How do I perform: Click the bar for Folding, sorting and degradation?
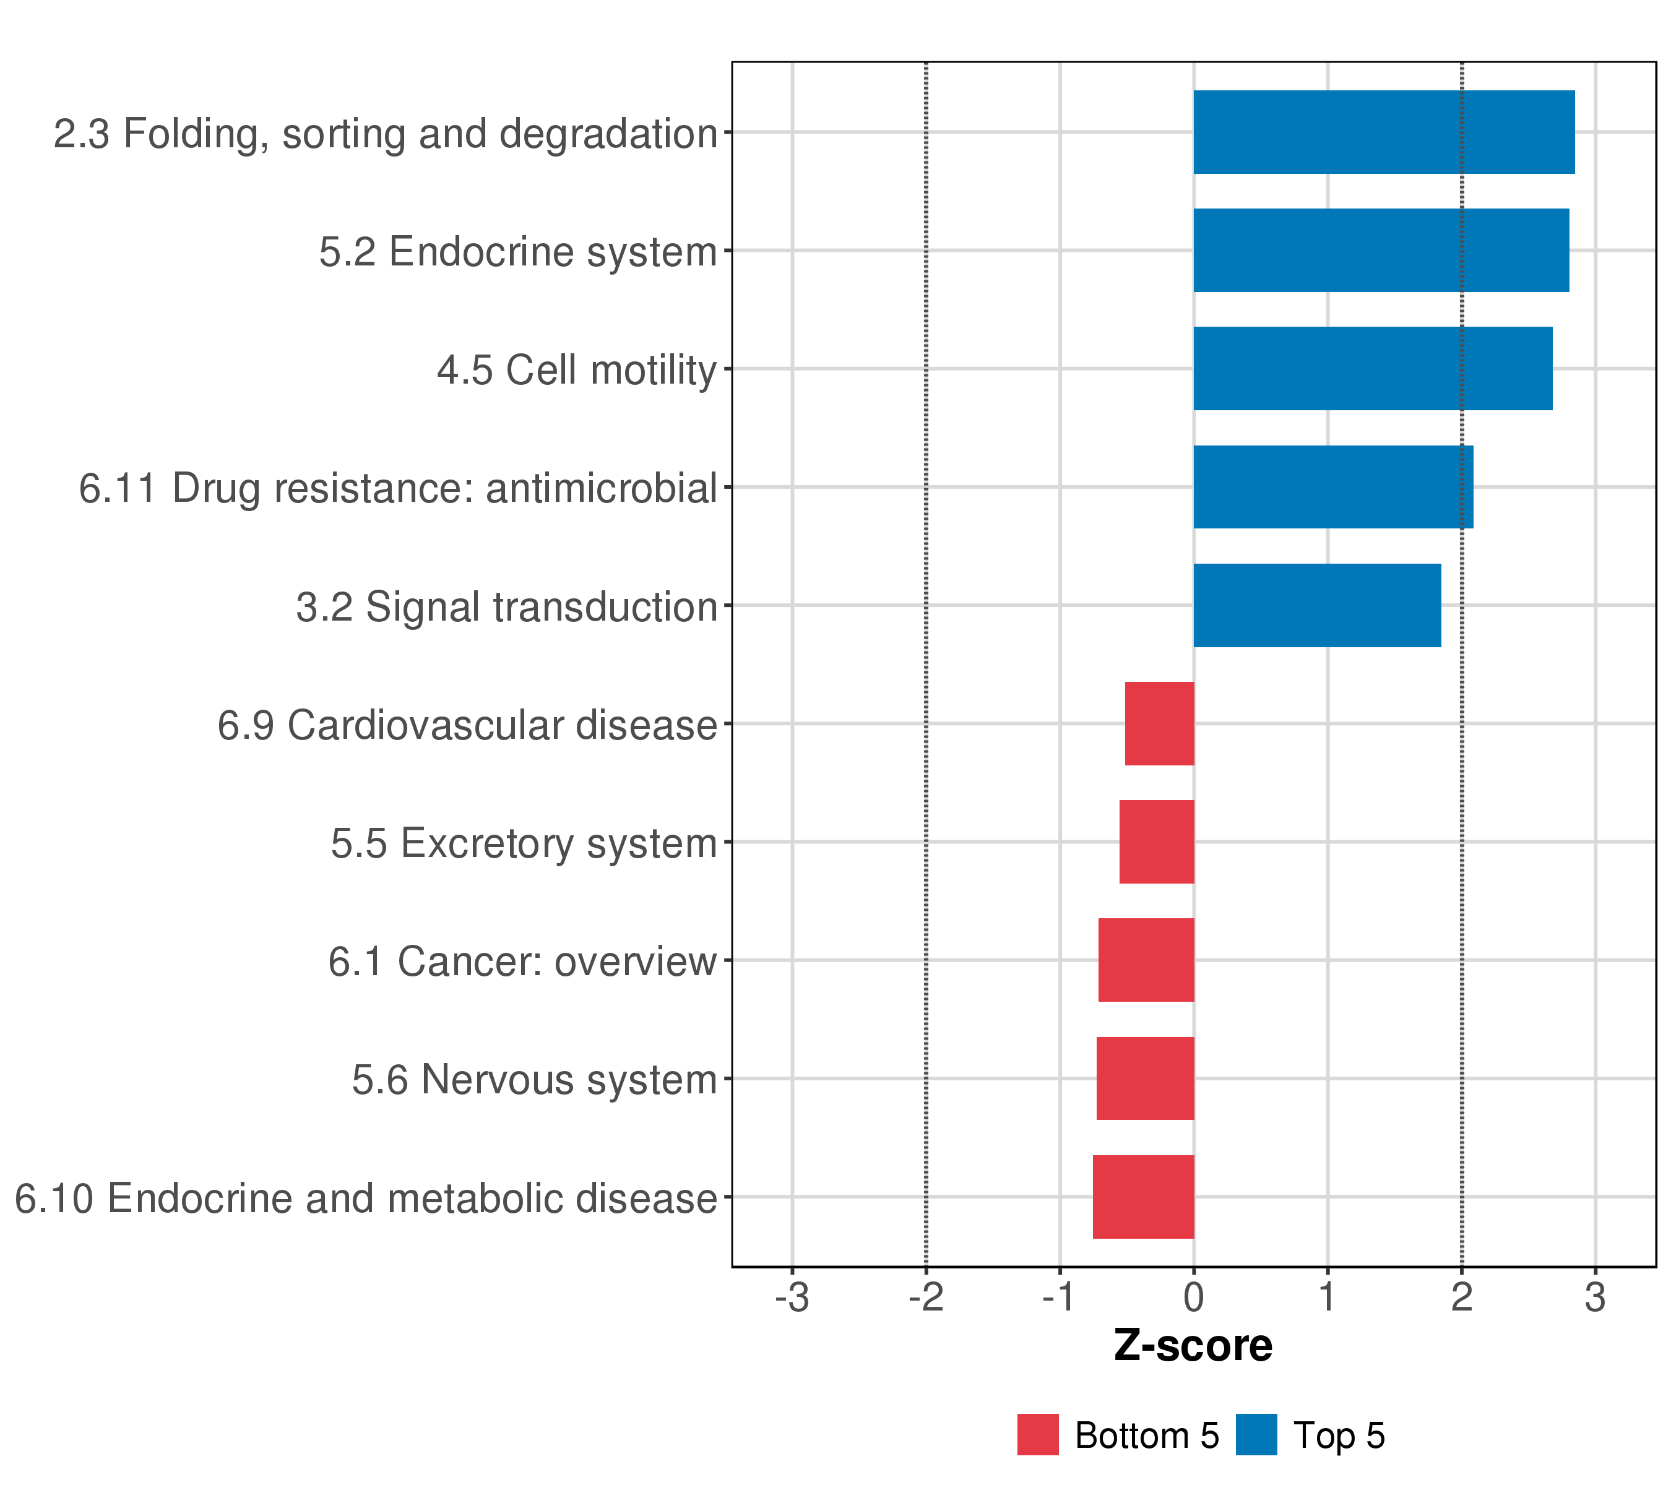coord(1383,132)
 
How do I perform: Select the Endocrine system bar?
coord(1381,250)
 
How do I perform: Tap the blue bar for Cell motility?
coord(1373,369)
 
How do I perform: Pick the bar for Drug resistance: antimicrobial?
coord(1332,487)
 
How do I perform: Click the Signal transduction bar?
coord(1316,606)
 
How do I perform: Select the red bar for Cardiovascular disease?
coord(1159,723)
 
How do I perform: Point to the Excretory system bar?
coord(1157,841)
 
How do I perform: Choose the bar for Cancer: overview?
coord(1146,960)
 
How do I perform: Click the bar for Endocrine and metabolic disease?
coord(1143,1197)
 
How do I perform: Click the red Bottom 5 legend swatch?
coord(1037,1434)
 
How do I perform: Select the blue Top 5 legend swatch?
coord(1256,1434)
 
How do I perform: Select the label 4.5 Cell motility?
coord(576,370)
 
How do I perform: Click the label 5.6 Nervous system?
coord(534,1080)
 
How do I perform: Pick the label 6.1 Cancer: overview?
coord(522,962)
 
